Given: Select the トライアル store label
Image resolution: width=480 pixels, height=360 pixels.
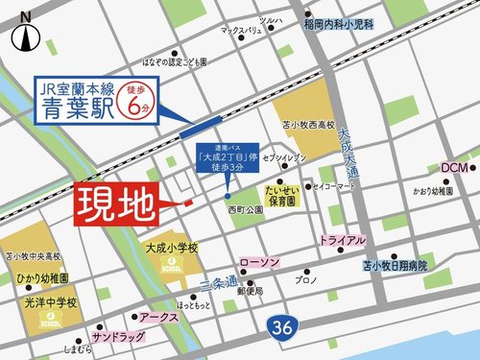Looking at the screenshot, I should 342,240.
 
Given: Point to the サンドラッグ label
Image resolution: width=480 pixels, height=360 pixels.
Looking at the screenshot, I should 118,338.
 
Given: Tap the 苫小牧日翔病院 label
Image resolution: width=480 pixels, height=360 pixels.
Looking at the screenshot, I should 395,264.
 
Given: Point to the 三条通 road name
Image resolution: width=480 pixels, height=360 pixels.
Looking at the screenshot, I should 218,279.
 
